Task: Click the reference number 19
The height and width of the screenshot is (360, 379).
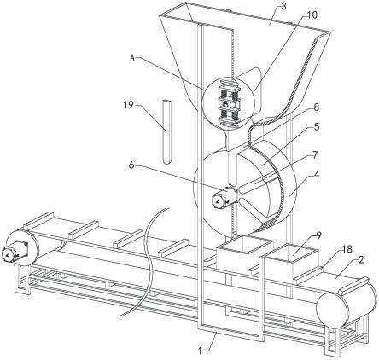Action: pyautogui.click(x=128, y=105)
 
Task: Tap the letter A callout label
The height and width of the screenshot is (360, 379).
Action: pyautogui.click(x=132, y=58)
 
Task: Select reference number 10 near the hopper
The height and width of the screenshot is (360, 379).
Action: pyautogui.click(x=312, y=15)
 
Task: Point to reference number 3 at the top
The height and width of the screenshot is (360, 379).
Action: pyautogui.click(x=283, y=7)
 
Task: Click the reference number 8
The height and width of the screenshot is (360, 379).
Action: pyautogui.click(x=316, y=107)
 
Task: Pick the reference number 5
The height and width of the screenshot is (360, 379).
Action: pyautogui.click(x=316, y=126)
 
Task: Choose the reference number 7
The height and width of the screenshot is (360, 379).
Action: pyautogui.click(x=315, y=155)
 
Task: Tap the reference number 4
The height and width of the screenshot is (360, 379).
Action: pyautogui.click(x=316, y=174)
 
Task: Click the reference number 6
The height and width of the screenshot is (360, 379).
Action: pyautogui.click(x=131, y=165)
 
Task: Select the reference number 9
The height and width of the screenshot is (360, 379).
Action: pyautogui.click(x=318, y=235)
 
